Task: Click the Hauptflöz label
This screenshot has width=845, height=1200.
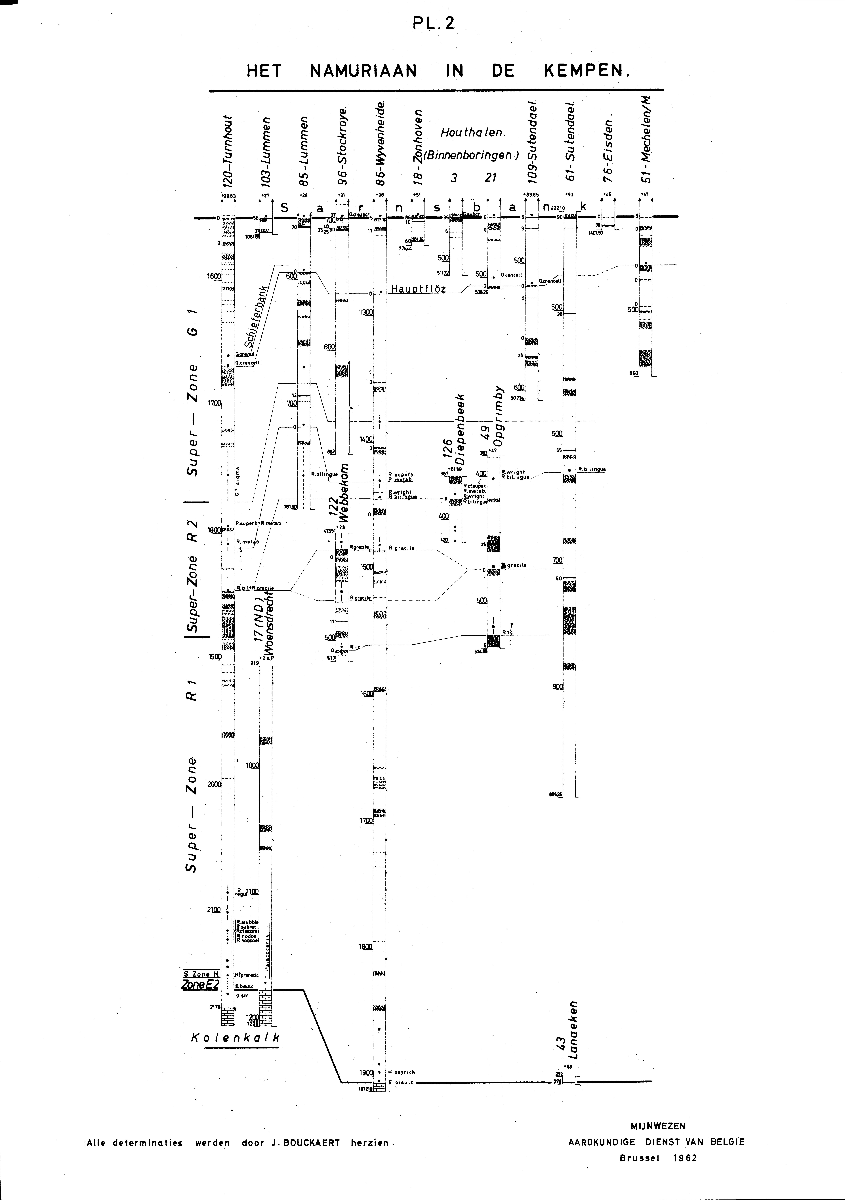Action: click(x=418, y=289)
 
